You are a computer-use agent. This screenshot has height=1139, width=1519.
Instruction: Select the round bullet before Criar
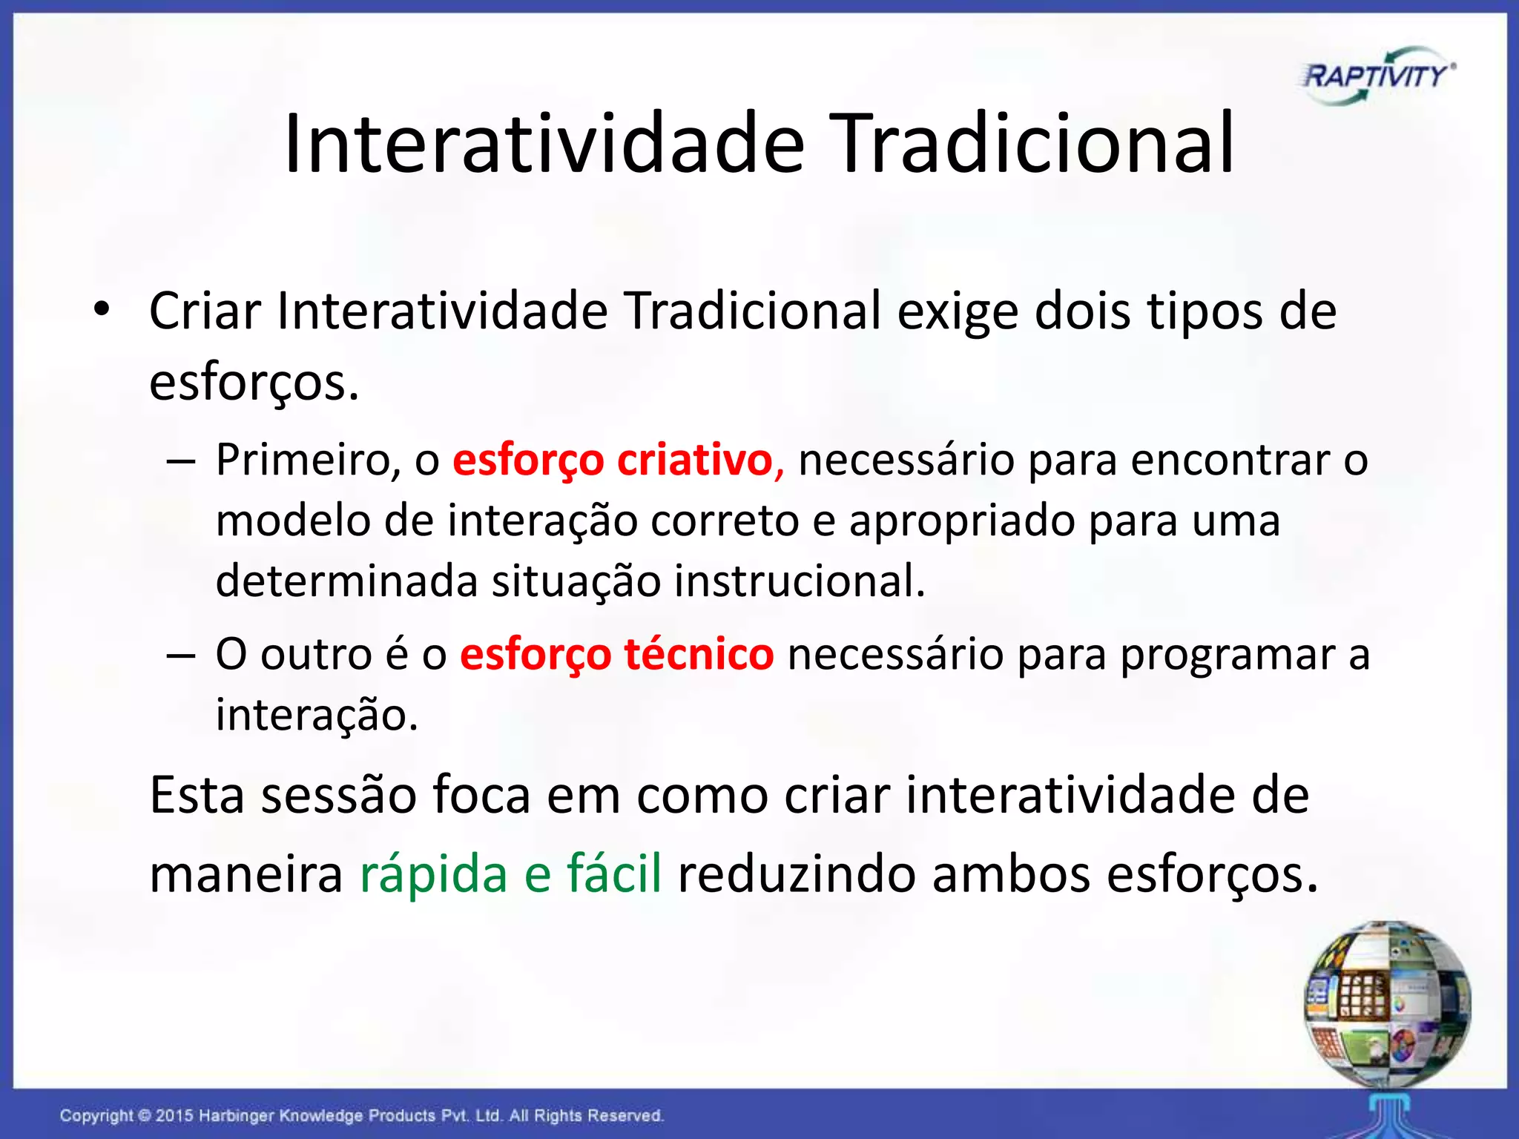(102, 309)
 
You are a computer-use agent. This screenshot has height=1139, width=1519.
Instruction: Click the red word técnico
(699, 655)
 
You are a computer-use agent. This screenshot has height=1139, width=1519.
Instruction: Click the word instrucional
(800, 581)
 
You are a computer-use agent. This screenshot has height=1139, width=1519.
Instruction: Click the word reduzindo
(797, 873)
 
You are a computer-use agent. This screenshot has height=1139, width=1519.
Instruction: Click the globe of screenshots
(1387, 1003)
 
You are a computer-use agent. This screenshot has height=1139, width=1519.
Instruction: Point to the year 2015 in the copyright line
(174, 1115)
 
